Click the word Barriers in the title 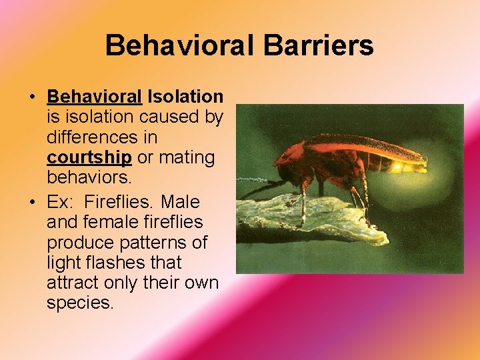click(x=318, y=46)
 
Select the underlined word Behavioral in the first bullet click(x=94, y=97)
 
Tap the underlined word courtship click(x=89, y=159)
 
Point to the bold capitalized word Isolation click(x=185, y=97)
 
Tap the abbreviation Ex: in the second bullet click(x=61, y=201)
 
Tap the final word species click(x=80, y=304)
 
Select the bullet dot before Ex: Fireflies click(x=32, y=201)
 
